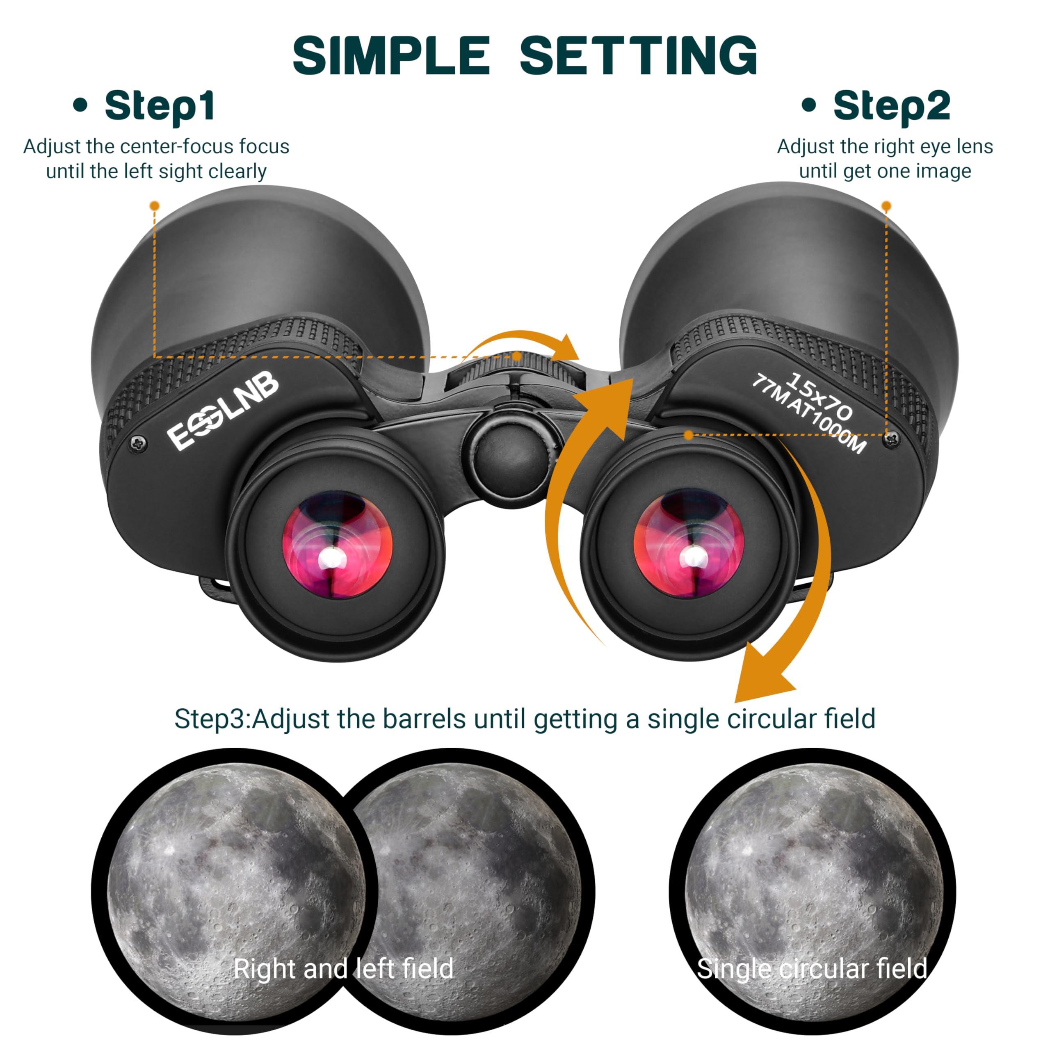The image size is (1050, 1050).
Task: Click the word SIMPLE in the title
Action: tap(391, 55)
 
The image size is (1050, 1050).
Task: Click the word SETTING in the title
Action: tap(639, 55)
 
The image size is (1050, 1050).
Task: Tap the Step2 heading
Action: tap(891, 107)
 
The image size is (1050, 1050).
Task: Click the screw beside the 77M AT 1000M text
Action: tap(891, 438)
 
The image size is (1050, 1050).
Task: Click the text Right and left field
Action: tap(343, 968)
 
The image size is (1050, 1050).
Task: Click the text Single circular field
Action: tap(811, 968)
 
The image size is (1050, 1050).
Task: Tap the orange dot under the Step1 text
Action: tap(155, 205)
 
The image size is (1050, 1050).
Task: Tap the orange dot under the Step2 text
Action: tap(886, 206)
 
